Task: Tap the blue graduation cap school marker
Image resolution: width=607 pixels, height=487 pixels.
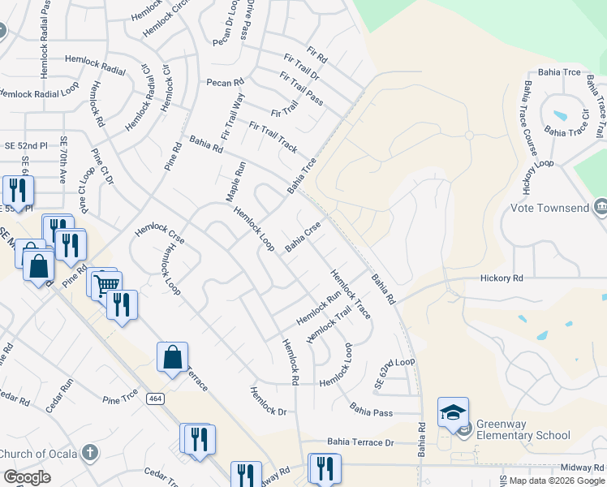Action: pyautogui.click(x=453, y=413)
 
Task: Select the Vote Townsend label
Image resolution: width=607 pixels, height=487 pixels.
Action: pyautogui.click(x=549, y=208)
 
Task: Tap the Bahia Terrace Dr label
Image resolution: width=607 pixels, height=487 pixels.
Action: pyautogui.click(x=360, y=442)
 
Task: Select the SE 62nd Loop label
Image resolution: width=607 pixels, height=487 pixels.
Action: pyautogui.click(x=394, y=373)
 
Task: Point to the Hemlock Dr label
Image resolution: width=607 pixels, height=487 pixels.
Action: pyautogui.click(x=269, y=401)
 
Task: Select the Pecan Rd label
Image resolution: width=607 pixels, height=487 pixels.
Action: pyautogui.click(x=225, y=83)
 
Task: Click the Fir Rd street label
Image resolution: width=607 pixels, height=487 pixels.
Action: pyautogui.click(x=317, y=58)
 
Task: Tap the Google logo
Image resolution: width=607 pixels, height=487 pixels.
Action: pyautogui.click(x=27, y=477)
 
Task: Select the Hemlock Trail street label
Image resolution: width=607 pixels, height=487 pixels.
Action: pyautogui.click(x=333, y=328)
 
